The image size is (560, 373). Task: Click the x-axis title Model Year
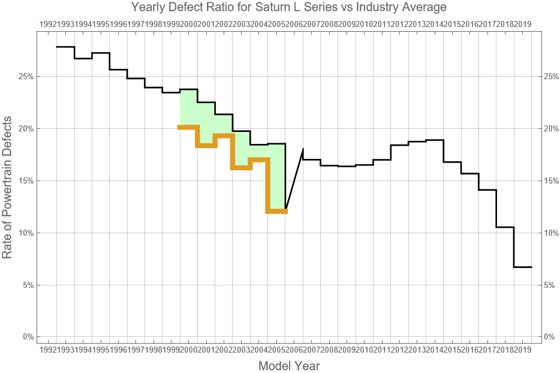288,365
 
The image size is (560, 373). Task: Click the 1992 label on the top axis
48,24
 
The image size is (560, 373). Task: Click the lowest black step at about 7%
523,267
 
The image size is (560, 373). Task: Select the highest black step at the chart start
65,47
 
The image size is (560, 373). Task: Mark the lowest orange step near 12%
277,211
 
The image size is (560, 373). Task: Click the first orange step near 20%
189,127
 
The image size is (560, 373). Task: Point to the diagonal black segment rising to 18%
294,179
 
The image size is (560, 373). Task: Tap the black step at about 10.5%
505,227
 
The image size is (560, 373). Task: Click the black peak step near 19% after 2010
435,140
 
